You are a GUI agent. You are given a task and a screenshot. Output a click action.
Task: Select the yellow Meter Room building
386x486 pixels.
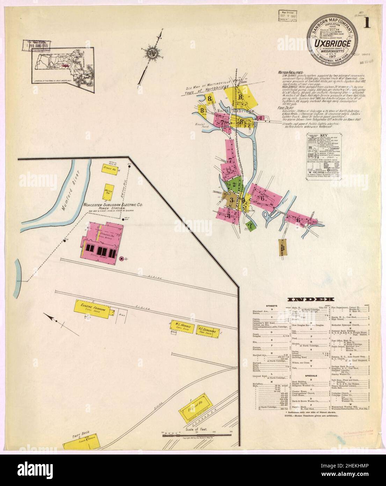tap(108, 191)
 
